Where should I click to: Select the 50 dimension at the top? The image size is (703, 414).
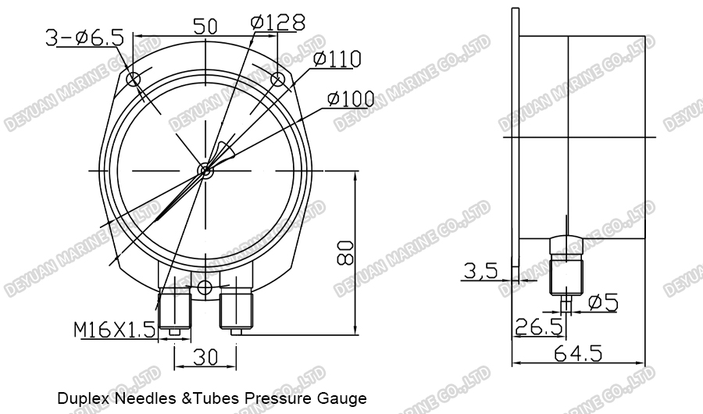(205, 26)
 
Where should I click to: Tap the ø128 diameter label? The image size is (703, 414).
(277, 23)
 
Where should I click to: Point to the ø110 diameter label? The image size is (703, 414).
(338, 59)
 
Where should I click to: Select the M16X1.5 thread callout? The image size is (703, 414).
(115, 330)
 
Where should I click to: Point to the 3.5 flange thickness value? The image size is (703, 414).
(480, 271)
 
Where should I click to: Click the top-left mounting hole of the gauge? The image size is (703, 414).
(134, 79)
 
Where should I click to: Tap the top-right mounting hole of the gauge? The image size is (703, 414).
(277, 79)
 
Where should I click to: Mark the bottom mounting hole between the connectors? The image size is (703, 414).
(205, 285)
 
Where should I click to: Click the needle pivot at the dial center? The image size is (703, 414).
(205, 170)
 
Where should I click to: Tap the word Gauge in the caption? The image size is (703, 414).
(344, 399)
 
